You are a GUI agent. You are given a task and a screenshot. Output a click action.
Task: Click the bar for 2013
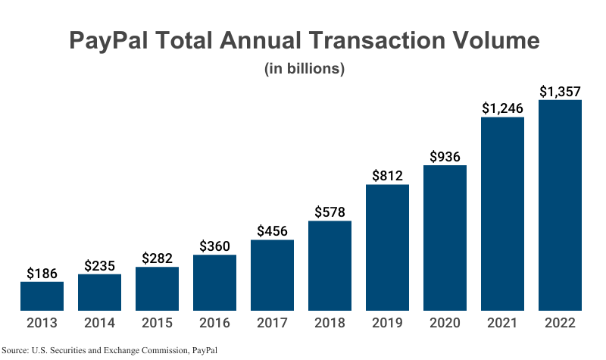tap(42, 296)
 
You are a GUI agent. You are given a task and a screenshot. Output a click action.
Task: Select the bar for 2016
tap(214, 283)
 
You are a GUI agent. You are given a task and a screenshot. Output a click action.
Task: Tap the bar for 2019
tap(387, 248)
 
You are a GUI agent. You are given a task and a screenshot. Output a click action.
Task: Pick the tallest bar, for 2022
tap(560, 205)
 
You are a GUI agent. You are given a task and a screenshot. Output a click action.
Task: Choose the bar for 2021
tap(502, 214)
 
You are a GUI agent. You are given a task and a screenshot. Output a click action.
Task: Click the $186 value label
tap(42, 273)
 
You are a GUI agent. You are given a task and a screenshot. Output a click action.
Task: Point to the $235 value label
tap(99, 265)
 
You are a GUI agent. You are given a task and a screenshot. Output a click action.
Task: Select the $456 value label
tap(272, 231)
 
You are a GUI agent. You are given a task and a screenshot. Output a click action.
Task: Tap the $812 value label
tap(387, 176)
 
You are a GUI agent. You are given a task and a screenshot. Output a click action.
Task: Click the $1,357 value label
tap(560, 91)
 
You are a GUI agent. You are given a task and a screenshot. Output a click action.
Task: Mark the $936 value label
tap(445, 157)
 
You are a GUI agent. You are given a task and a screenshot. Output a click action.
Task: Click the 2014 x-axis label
tap(99, 323)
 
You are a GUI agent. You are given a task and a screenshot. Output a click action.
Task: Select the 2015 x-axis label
tap(157, 323)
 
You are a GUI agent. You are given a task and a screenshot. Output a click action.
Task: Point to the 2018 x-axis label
tap(330, 323)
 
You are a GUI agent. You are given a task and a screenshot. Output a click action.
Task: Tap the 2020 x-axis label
tap(445, 323)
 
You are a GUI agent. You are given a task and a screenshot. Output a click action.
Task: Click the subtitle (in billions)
tap(304, 68)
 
